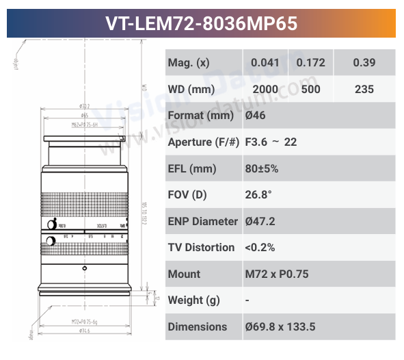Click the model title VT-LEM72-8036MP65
(202, 23)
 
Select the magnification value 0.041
(265, 63)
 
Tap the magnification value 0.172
(310, 63)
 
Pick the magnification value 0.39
(364, 63)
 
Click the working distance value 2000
(265, 90)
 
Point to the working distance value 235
(364, 90)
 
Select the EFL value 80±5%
(262, 168)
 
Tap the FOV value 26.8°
(258, 195)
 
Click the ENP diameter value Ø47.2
(260, 221)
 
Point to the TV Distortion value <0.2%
(259, 247)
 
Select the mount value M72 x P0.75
(277, 274)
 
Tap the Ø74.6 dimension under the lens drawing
(85, 330)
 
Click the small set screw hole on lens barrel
(85, 267)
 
